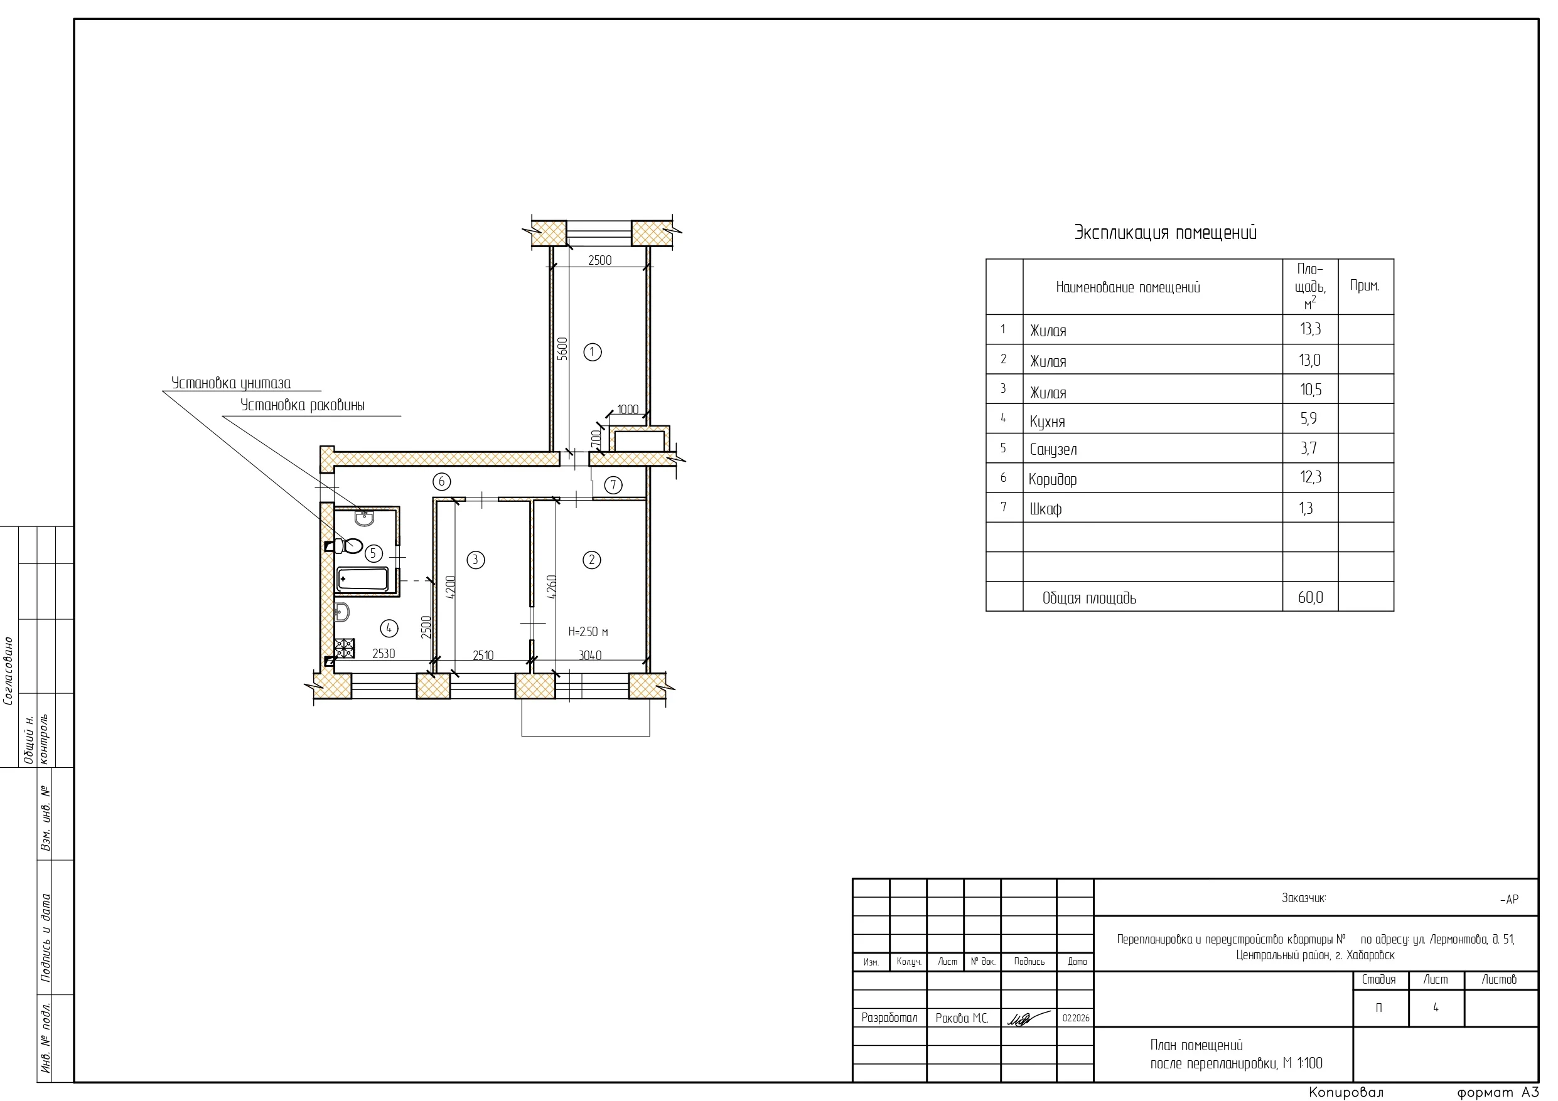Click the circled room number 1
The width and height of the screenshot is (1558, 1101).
[593, 352]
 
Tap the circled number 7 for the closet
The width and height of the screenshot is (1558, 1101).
[613, 485]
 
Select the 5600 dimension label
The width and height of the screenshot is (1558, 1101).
[562, 349]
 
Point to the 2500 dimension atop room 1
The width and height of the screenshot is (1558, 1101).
[600, 260]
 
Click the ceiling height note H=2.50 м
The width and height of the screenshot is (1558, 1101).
[588, 632]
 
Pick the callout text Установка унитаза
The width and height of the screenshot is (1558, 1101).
[231, 383]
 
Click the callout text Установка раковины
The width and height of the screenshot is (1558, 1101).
[303, 405]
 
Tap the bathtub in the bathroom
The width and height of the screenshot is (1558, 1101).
[363, 579]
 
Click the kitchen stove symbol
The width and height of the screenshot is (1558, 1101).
[344, 649]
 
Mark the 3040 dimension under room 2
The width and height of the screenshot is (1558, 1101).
[589, 656]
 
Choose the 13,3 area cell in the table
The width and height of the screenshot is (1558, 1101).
[1310, 329]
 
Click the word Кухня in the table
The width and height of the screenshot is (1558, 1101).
[1047, 422]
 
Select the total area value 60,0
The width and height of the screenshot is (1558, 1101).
[1310, 597]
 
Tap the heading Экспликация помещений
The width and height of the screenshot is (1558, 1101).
[1165, 233]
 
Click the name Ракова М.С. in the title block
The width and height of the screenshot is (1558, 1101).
[962, 1018]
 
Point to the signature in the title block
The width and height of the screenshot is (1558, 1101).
[1028, 1018]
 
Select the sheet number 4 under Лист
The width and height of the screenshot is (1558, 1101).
[1435, 1008]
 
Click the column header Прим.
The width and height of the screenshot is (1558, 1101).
[1365, 285]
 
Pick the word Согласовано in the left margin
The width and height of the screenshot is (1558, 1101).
[9, 671]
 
